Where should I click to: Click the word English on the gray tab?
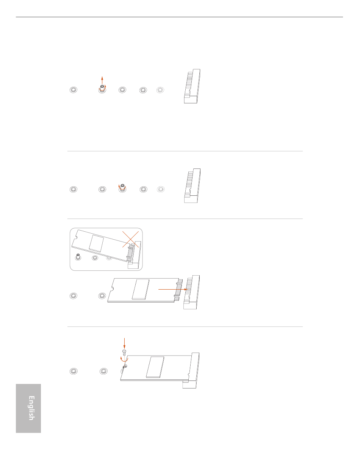coord(31,408)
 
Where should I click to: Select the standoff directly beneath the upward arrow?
coord(102,88)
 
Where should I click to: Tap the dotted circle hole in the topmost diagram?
coord(160,90)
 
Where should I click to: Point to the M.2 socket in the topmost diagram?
coord(192,86)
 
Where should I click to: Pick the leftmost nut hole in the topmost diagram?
coord(74,90)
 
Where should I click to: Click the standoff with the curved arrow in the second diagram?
coord(122,187)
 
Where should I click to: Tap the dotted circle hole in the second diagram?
coord(161,189)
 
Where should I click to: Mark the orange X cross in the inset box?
coord(130,239)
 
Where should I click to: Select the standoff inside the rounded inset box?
coord(78,257)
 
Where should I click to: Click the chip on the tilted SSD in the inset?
coord(96,243)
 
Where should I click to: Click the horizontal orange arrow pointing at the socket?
coord(173,289)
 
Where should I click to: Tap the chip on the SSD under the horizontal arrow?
coord(141,289)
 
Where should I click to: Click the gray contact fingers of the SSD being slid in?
coord(179,290)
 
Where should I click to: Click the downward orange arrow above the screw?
coord(124,343)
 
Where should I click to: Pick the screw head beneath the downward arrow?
coord(124,351)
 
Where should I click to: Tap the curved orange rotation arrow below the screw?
coord(124,359)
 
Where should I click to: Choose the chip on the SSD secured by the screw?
coord(155,367)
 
